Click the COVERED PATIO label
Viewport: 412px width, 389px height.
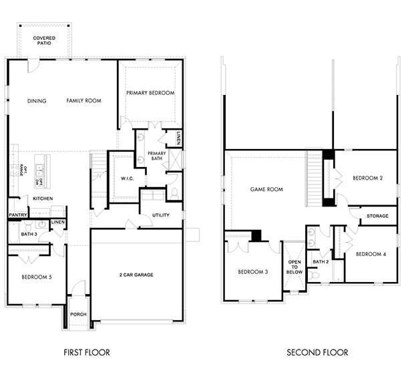[45, 41]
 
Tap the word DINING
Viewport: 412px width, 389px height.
[37, 101]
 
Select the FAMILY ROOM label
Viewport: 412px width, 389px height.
[83, 101]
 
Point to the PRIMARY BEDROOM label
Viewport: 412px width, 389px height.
[150, 93]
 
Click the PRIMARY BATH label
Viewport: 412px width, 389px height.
[156, 156]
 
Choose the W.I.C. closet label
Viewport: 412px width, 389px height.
[128, 178]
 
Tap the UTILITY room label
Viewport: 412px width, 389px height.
[161, 215]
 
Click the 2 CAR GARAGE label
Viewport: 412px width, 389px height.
[137, 275]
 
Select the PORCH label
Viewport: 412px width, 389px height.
[78, 314]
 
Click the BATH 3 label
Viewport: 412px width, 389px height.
[29, 235]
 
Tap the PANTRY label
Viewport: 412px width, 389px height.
[17, 215]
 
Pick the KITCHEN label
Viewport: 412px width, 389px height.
[43, 199]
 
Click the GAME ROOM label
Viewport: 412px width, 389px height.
[266, 189]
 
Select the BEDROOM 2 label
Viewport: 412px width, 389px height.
[367, 178]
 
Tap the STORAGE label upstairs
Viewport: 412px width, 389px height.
[378, 216]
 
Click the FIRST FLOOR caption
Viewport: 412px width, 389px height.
[87, 352]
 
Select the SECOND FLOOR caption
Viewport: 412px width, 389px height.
[317, 352]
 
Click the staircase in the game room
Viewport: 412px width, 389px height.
[314, 178]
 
